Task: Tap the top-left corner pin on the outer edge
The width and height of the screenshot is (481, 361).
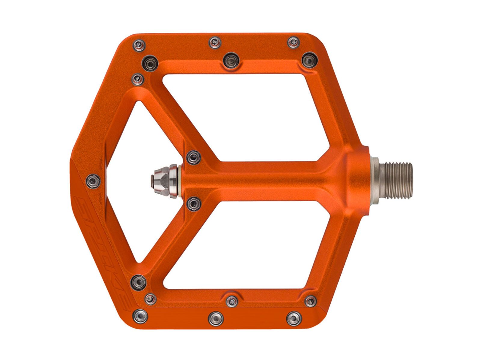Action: (x=139, y=45)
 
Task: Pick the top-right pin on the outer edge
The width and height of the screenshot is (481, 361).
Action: (x=293, y=42)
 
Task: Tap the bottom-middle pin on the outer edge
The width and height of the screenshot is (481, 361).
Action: (x=216, y=318)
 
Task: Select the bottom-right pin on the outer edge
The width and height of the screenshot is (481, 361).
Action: (x=294, y=318)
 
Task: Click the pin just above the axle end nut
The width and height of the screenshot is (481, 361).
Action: (x=194, y=158)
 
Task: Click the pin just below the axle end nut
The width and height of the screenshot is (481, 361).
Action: (x=194, y=204)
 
